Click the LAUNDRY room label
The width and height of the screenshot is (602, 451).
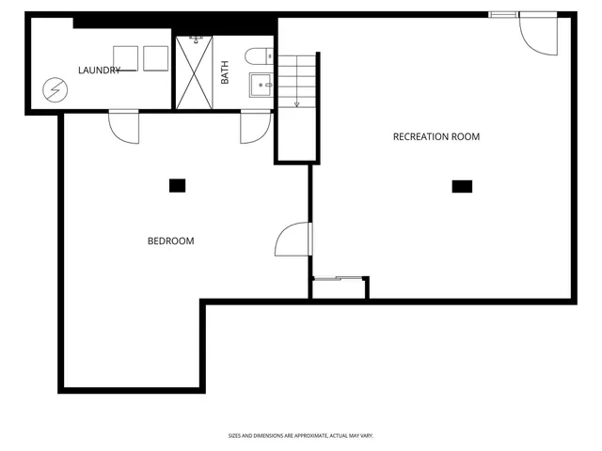pos(99,70)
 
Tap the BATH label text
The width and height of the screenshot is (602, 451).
pos(225,73)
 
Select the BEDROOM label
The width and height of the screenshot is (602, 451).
pos(170,241)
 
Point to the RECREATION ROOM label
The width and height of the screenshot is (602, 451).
pos(436,137)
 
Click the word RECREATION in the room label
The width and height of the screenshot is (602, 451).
pos(415,137)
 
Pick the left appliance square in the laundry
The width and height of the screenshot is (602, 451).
pos(126,58)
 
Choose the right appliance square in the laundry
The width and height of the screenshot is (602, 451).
pos(156,58)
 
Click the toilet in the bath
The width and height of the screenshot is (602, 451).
pos(258,56)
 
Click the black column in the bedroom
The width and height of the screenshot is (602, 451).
pos(177,185)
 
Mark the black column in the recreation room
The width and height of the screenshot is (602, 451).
pos(461,186)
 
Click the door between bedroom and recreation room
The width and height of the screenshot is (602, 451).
pos(293,240)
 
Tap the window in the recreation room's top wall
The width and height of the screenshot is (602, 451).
pos(502,14)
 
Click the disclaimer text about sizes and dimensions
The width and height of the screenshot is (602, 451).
pos(301,435)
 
